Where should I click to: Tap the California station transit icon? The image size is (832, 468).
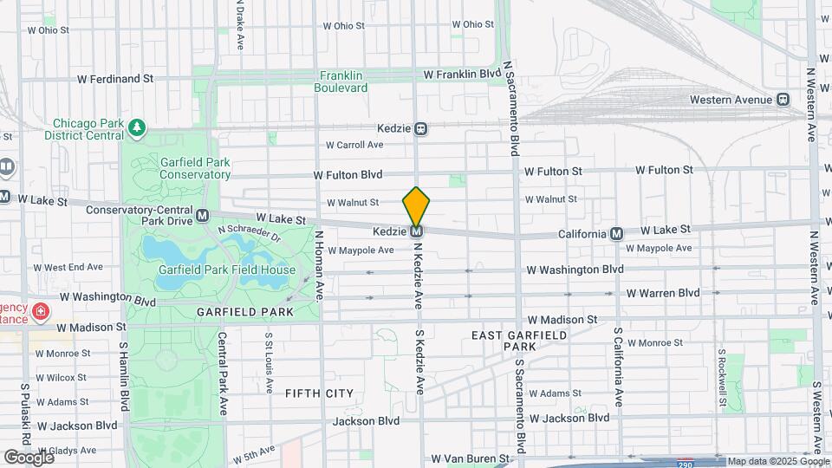(x=616, y=233)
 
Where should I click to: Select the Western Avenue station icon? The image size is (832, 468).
(x=783, y=100)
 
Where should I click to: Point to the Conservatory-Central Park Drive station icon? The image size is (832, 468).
(x=202, y=215)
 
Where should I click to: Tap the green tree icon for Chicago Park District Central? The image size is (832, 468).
(x=136, y=129)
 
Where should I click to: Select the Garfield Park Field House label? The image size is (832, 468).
(x=226, y=270)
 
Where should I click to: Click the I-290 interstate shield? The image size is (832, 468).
(x=686, y=463)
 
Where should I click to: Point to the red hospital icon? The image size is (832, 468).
(x=40, y=310)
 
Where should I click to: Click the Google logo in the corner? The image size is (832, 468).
(x=28, y=457)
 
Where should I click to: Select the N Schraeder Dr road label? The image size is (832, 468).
(x=250, y=234)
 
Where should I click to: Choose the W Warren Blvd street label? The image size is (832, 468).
(x=662, y=293)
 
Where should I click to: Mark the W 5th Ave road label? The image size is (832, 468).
(x=254, y=452)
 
